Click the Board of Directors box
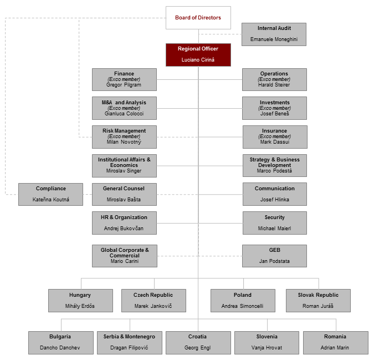pyautogui.click(x=198, y=18)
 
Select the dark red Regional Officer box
pyautogui.click(x=198, y=54)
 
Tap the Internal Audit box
pyautogui.click(x=274, y=34)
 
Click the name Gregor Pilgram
pyautogui.click(x=124, y=85)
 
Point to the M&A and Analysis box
pyautogui.click(x=124, y=108)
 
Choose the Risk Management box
pyautogui.click(x=124, y=136)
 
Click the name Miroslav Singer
pyautogui.click(x=124, y=170)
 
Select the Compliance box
pyautogui.click(x=50, y=194)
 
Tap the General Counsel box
pyautogui.click(x=124, y=194)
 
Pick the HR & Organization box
pyautogui.click(x=124, y=222)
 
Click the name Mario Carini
pyautogui.click(x=124, y=261)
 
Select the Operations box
pyautogui.click(x=274, y=79)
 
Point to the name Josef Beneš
pyautogui.click(x=274, y=114)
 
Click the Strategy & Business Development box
pyautogui.click(x=274, y=165)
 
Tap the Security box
pyautogui.click(x=274, y=222)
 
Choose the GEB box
pyautogui.click(x=274, y=256)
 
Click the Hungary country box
pyautogui.click(x=80, y=300)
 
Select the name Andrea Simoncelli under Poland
pyautogui.click(x=242, y=306)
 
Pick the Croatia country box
pyautogui.click(x=198, y=342)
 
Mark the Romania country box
pyautogui.click(x=335, y=342)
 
